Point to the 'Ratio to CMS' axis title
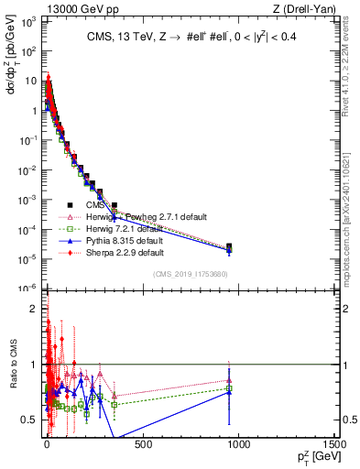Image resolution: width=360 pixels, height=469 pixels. click(12, 379)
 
